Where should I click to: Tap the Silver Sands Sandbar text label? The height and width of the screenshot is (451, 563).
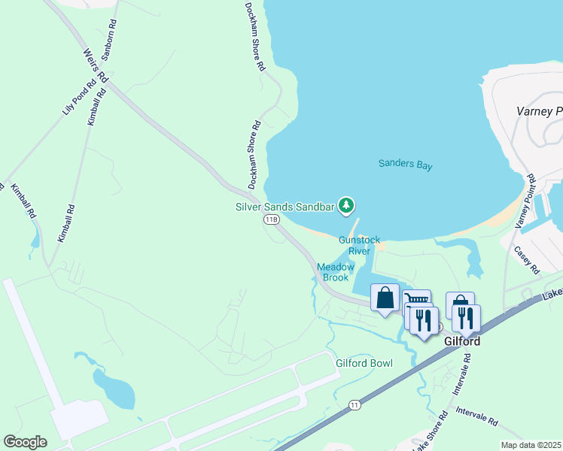tap(285, 205)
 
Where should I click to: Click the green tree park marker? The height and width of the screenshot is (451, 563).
tap(345, 204)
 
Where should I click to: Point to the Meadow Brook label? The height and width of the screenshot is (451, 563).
tap(336, 272)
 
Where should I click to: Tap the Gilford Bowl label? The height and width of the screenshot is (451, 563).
tap(364, 364)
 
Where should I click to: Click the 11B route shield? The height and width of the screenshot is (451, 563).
tap(272, 219)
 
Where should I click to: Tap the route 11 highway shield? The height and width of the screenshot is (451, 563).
tap(354, 405)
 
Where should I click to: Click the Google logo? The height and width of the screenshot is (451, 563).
tap(25, 442)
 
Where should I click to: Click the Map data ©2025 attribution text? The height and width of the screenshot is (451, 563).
tap(531, 445)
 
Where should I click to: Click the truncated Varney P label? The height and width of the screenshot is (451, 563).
tap(539, 111)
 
